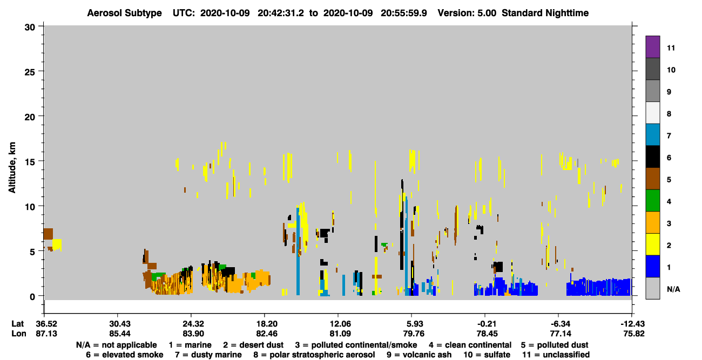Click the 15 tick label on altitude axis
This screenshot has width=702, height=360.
click(31, 162)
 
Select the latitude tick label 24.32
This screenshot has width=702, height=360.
click(193, 324)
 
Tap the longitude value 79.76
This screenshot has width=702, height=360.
click(414, 334)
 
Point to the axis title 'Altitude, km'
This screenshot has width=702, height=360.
click(12, 168)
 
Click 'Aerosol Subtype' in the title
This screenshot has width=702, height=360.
click(124, 13)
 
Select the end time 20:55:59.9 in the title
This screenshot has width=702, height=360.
click(404, 13)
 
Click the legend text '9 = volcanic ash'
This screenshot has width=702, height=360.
click(419, 355)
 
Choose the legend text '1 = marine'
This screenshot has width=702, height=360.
click(190, 345)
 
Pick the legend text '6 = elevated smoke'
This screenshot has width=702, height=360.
click(125, 355)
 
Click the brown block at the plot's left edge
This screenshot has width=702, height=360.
click(48, 234)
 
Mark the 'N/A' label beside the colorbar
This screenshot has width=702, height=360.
click(673, 289)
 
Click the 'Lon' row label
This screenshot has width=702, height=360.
click(19, 334)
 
